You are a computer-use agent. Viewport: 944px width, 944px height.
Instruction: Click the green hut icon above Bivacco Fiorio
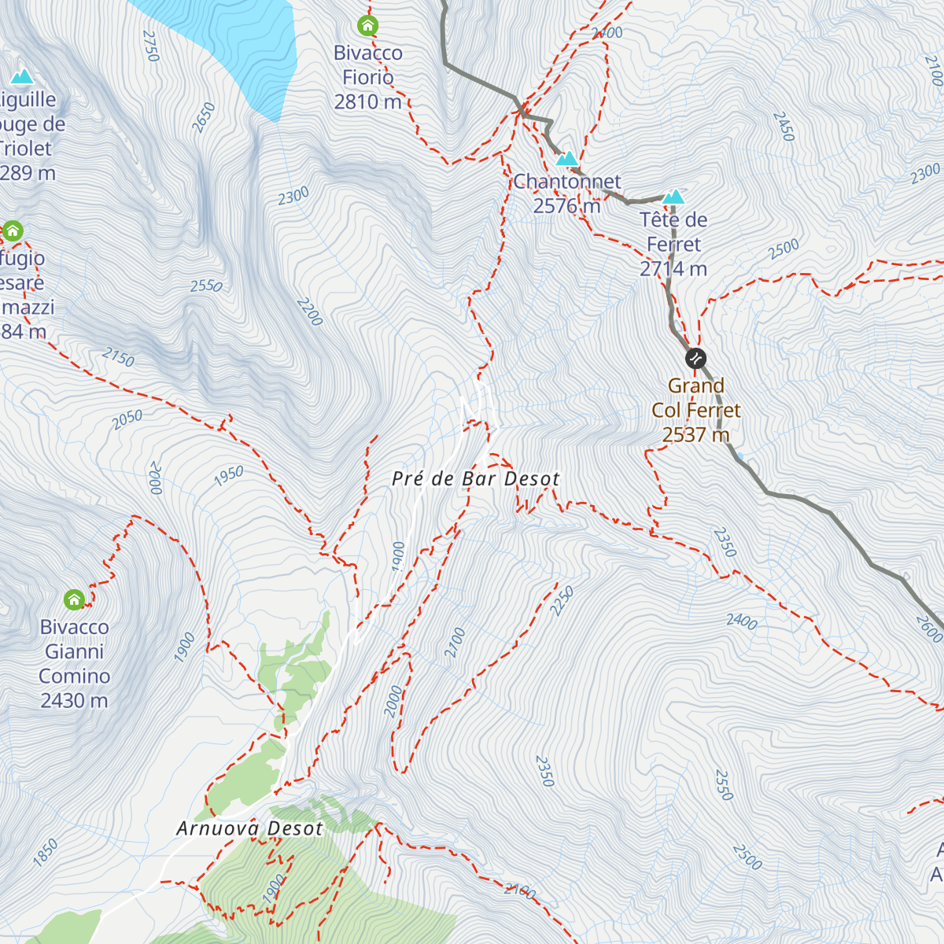pyautogui.click(x=367, y=26)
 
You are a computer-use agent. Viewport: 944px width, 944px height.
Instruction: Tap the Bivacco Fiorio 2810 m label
pyautogui.click(x=368, y=77)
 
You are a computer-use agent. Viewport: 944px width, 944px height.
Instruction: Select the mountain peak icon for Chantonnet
pyautogui.click(x=566, y=159)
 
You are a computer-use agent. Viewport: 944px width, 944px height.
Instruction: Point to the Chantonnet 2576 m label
pyautogui.click(x=567, y=194)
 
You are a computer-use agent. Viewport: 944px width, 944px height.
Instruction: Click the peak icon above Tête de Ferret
pyautogui.click(x=673, y=196)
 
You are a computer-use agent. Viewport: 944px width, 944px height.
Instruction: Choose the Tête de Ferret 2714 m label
pyautogui.click(x=673, y=244)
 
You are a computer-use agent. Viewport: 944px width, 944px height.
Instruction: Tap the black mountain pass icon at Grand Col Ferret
pyautogui.click(x=695, y=359)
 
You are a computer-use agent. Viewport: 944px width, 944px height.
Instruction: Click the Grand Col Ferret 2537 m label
pyautogui.click(x=696, y=410)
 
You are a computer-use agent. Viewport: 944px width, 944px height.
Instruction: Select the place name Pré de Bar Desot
pyautogui.click(x=476, y=479)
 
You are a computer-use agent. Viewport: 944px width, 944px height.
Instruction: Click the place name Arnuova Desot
pyautogui.click(x=249, y=828)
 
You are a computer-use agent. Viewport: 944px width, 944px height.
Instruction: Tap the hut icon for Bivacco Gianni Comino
pyautogui.click(x=74, y=600)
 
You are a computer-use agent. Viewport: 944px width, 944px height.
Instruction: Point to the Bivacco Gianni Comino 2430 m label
pyautogui.click(x=75, y=663)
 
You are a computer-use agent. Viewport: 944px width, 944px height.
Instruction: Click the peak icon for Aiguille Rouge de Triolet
pyautogui.click(x=22, y=76)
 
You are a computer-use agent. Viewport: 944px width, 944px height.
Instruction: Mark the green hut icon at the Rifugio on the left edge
pyautogui.click(x=13, y=231)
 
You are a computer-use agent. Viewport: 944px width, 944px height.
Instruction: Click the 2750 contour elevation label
pyautogui.click(x=151, y=46)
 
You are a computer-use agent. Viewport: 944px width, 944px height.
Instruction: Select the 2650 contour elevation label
pyautogui.click(x=204, y=118)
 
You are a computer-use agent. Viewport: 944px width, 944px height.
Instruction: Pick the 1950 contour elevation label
pyautogui.click(x=229, y=476)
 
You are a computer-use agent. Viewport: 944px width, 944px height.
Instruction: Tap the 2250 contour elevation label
pyautogui.click(x=562, y=600)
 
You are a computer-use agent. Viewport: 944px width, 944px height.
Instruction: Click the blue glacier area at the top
pyautogui.click(x=236, y=39)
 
